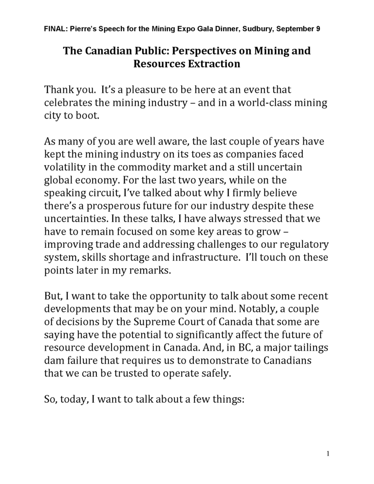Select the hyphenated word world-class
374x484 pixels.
click(x=270, y=103)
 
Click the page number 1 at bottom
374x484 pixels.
click(x=328, y=454)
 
